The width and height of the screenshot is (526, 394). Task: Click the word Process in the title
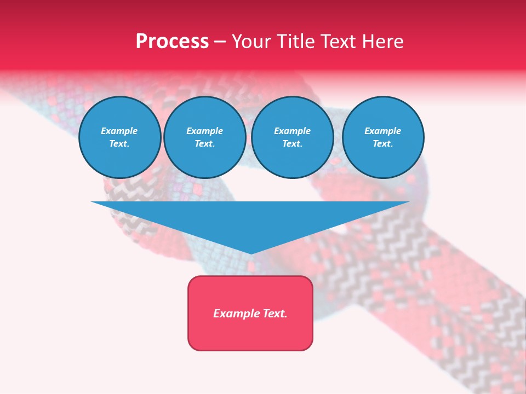click(172, 42)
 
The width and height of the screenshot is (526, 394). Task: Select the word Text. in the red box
click(274, 314)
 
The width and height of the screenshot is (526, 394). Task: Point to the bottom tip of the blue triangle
click(250, 253)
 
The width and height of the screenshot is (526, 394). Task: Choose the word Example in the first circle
click(119, 131)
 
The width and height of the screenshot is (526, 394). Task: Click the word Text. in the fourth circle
click(383, 143)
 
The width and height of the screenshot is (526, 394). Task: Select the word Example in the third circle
click(293, 131)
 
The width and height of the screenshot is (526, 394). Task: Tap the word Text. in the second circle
click(205, 143)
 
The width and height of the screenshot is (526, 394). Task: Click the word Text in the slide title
click(340, 42)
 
